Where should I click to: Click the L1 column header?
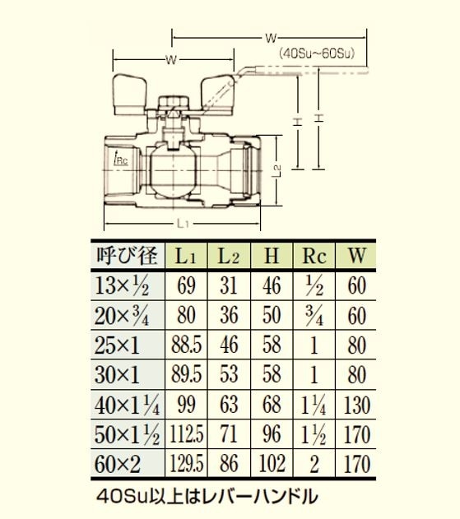click(186, 256)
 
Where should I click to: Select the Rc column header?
click(314, 256)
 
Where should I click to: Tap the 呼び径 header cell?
click(127, 256)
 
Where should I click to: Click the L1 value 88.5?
click(186, 345)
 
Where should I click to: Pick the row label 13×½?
click(122, 286)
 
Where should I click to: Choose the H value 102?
click(272, 463)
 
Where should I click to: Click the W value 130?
click(356, 405)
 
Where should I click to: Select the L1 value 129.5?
click(186, 463)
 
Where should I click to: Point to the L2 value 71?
click(229, 434)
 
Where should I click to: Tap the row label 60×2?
click(118, 464)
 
